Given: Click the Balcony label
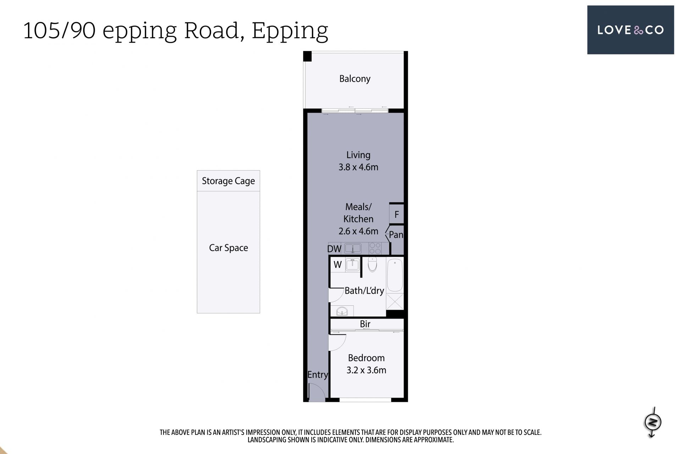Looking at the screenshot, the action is (355, 79).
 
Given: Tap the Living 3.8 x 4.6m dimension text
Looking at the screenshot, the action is (358, 167).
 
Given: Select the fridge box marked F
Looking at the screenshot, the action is (397, 214).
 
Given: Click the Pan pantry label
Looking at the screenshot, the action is (396, 235).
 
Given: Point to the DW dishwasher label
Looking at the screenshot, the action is (334, 249).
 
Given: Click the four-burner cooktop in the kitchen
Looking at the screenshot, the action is (375, 248).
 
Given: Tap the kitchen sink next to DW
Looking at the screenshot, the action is (353, 248).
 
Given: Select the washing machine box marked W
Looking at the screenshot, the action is (338, 265).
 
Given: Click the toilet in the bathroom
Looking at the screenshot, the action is (372, 264).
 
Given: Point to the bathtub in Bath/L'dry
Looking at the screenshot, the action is (395, 275).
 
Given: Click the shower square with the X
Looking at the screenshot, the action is (395, 301).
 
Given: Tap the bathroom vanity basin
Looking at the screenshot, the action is (342, 311).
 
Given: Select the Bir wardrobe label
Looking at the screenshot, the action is (365, 324).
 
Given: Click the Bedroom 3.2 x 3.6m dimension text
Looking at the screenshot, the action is (366, 370).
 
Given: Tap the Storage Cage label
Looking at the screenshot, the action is (228, 181).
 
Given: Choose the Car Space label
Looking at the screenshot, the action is (228, 248).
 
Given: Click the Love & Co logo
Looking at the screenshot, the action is (630, 30).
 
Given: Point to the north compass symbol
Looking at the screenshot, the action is (653, 422).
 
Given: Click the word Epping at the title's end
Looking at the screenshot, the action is (290, 31).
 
